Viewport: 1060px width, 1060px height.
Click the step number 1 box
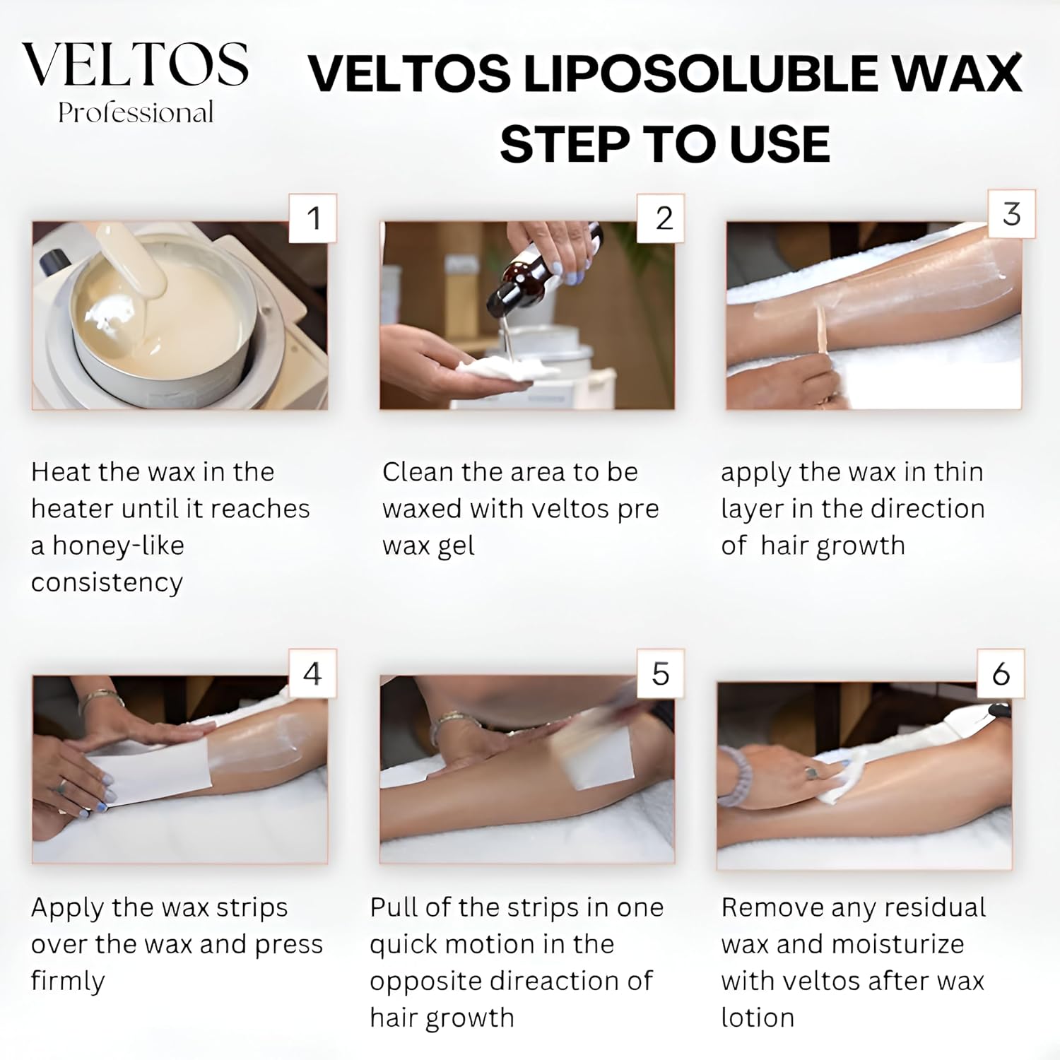point(313,218)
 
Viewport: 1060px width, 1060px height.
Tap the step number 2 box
point(662,218)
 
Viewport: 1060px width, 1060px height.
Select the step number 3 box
point(1011,214)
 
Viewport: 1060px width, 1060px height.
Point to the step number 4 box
point(313,673)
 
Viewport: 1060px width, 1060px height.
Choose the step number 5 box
point(660,673)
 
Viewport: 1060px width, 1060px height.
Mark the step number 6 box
point(1001,674)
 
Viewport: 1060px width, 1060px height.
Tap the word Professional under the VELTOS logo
point(136,113)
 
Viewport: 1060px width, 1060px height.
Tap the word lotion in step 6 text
point(758,1018)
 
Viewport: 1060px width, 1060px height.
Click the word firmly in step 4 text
point(68,981)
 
